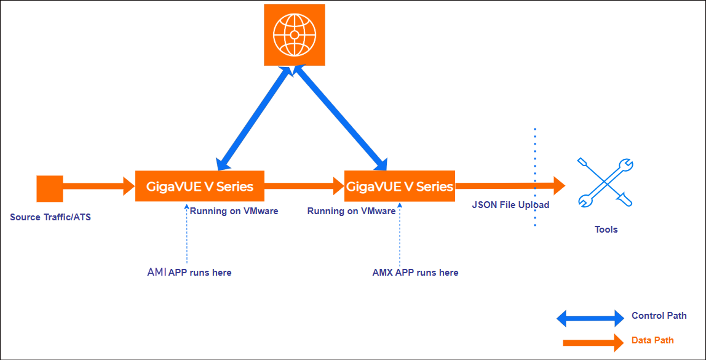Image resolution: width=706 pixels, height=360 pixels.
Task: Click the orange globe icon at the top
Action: coord(295,34)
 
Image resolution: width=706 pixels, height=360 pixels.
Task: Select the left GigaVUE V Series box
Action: coord(200,186)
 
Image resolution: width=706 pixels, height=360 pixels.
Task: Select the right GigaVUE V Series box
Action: coord(400,186)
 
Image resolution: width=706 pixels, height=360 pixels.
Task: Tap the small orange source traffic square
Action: coord(50,188)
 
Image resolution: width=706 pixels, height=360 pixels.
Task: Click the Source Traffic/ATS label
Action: coord(50,217)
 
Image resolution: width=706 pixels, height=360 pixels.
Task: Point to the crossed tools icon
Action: coord(606,183)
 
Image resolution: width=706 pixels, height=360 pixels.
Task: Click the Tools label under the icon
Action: coord(606,230)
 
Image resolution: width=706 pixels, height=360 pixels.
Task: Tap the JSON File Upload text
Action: coord(510,205)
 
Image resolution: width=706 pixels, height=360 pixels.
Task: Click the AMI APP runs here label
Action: coord(189,272)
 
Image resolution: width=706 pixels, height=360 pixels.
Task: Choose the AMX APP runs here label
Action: coord(416,272)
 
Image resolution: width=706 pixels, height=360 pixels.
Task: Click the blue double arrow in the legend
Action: coord(590,318)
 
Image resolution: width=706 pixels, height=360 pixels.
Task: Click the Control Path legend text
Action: coord(659,316)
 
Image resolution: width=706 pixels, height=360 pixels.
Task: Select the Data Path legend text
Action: coord(652,340)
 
